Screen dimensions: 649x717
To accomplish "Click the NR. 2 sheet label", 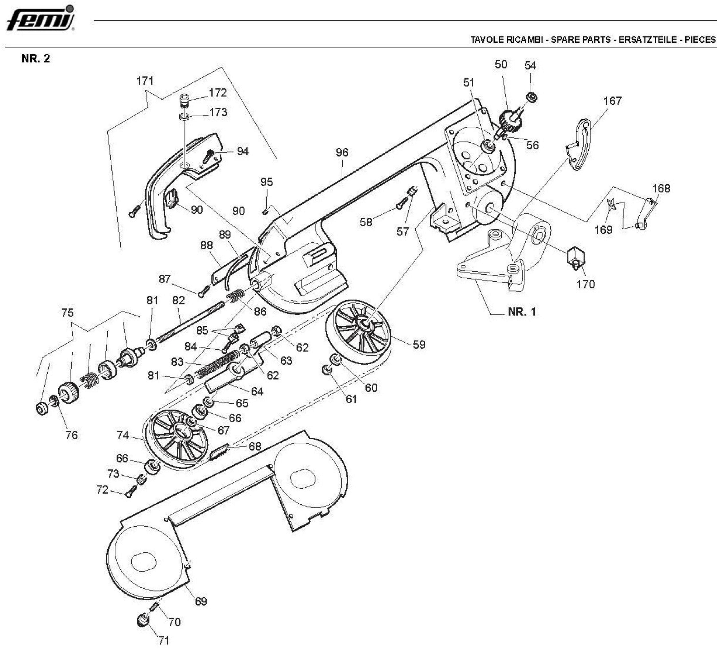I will pos(36,59).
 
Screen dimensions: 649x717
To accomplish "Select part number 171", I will pos(145,81).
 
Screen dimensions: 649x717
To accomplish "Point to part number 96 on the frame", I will pos(342,152).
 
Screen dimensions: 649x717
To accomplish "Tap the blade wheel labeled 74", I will pos(177,439).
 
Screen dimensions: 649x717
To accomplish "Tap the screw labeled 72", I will pos(130,492).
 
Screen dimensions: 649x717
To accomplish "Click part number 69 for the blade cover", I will pos(201,601).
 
